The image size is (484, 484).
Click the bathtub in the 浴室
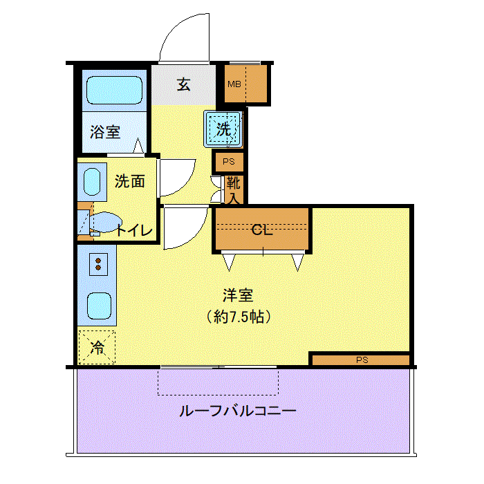[114, 90]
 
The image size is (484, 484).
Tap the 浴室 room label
[105, 132]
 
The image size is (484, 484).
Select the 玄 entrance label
[184, 84]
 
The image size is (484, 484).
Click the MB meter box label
[234, 84]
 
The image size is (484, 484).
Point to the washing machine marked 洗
[223, 129]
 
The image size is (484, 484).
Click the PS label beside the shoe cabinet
[229, 161]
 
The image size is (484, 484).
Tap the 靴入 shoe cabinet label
[234, 190]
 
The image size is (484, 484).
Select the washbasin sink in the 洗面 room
[92, 182]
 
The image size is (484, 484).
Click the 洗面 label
[130, 181]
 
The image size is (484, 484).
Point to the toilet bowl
[105, 222]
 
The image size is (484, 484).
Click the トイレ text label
[134, 230]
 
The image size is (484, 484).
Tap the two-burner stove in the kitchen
[98, 264]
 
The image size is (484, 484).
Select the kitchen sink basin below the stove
[99, 306]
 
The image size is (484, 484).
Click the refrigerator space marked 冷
[97, 348]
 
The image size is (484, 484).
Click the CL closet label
[262, 230]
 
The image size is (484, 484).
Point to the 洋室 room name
[238, 295]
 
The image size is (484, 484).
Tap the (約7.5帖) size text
[239, 317]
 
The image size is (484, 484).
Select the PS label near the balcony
[362, 360]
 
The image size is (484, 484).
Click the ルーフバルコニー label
[238, 411]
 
